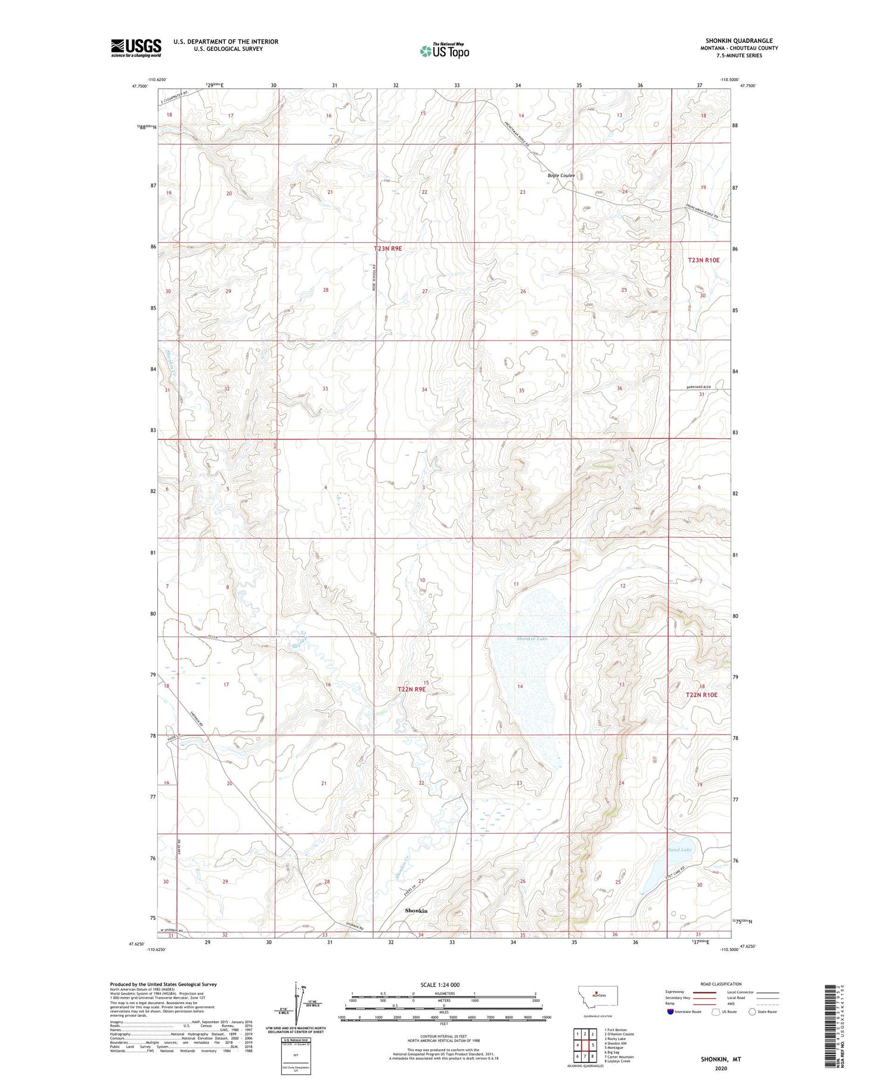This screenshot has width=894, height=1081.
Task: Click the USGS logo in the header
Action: point(136,48)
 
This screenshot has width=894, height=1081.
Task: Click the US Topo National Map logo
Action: point(444,51)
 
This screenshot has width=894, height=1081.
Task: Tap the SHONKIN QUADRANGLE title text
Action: point(739,41)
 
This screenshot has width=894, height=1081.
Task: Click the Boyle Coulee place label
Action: point(561,175)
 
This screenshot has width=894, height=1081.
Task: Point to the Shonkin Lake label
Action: point(532,639)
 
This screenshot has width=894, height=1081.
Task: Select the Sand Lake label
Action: point(679,850)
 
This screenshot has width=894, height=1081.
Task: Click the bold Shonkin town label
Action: point(416,911)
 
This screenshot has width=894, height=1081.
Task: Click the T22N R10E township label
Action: point(701,695)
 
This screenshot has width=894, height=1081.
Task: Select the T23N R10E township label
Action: point(704,260)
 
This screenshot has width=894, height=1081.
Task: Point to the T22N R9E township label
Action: point(412,689)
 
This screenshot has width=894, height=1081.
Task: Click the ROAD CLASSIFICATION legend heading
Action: point(721,984)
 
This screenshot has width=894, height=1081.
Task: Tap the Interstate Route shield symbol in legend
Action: point(670,1012)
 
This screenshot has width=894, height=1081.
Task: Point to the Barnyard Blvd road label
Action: point(699,387)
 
